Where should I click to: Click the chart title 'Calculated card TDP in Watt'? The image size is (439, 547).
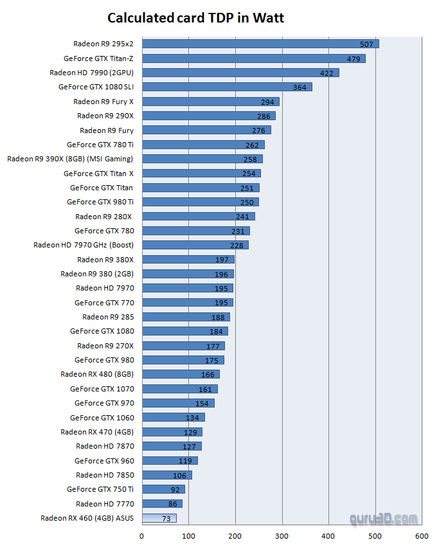pos(195,18)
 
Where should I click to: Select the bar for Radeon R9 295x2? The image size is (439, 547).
pos(260,44)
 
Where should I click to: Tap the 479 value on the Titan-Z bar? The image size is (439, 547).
pos(354,58)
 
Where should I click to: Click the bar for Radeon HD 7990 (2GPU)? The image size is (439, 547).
pos(240,73)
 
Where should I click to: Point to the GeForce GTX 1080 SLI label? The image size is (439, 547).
pos(96,87)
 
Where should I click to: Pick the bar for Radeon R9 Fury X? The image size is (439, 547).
pos(210,102)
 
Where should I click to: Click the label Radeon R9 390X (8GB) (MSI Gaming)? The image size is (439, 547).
pos(70,159)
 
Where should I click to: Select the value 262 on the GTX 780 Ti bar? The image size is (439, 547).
pos(251,145)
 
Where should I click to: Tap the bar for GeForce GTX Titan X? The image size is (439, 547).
pos(201,174)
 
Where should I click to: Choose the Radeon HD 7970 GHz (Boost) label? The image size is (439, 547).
pos(83,245)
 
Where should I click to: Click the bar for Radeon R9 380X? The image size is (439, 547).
pos(188,260)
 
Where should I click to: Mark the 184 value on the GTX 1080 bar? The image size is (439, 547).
pos(216,332)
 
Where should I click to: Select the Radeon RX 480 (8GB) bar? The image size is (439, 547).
pos(180,374)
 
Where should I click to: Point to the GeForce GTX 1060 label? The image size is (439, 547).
pos(104,418)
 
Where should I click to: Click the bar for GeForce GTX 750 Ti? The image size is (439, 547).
pos(163,489)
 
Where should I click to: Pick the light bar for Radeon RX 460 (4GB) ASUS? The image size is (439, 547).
pos(159,518)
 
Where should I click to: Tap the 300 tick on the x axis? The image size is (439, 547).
pos(282,535)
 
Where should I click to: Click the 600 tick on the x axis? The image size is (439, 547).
pos(422,535)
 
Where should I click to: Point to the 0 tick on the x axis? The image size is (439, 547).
pos(141,535)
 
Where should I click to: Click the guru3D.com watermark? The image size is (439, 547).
pos(384,519)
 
